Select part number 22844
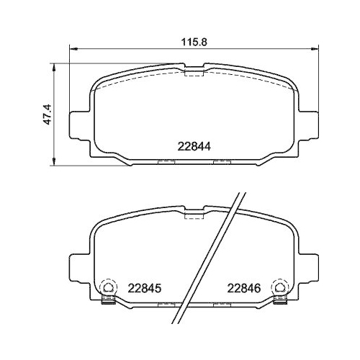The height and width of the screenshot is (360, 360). tap(194, 144)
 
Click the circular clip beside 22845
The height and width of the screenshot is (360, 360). tap(108, 286)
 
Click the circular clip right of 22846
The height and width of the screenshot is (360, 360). tap(279, 286)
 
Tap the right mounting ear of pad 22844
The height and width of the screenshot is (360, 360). tap(311, 124)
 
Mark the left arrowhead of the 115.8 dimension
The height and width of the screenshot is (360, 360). tap(72, 50)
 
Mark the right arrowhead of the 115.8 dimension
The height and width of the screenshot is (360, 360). tap(316, 50)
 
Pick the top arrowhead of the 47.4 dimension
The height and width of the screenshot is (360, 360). tap(55, 66)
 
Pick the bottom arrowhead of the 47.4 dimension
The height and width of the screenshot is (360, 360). tap(55, 160)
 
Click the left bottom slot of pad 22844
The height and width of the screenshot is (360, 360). tap(166, 161)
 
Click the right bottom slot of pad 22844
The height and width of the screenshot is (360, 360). tap(221, 161)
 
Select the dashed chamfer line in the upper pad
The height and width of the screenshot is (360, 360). tap(144, 79)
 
